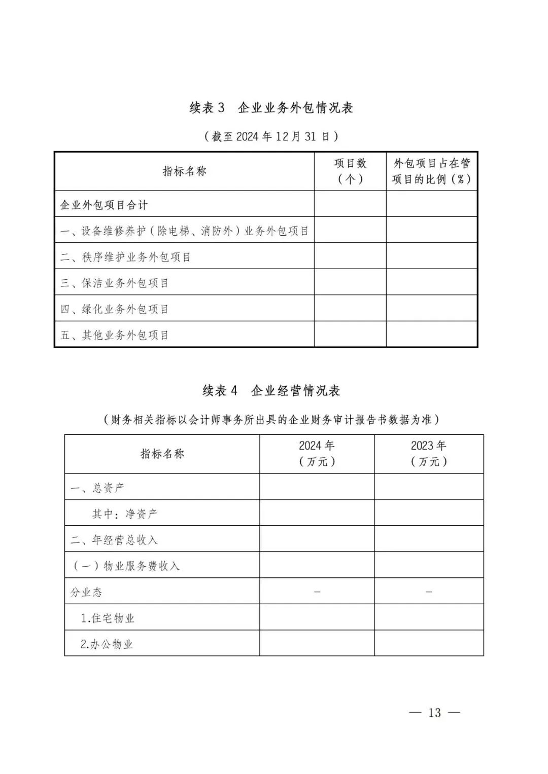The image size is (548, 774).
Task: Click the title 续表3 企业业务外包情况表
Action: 271,108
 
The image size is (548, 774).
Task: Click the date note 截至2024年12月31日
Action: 271,136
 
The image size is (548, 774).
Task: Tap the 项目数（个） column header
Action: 350,171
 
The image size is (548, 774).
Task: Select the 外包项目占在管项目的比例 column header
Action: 431,171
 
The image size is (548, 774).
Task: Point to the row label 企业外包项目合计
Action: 104,205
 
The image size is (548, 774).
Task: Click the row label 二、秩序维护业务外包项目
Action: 125,257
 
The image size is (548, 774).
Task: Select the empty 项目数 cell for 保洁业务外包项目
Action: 350,282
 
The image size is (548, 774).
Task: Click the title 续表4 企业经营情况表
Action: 271,391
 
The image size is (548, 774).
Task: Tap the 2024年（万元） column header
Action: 317,454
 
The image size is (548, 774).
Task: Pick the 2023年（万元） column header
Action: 429,454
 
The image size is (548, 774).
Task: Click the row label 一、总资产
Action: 97,488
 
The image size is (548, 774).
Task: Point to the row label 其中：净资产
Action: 125,514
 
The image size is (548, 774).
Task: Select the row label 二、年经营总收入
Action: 114,540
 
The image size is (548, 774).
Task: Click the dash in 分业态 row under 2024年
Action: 317,592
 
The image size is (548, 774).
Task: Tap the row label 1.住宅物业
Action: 108,618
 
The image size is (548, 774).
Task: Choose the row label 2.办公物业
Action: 107,644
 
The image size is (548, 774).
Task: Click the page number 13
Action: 434,713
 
